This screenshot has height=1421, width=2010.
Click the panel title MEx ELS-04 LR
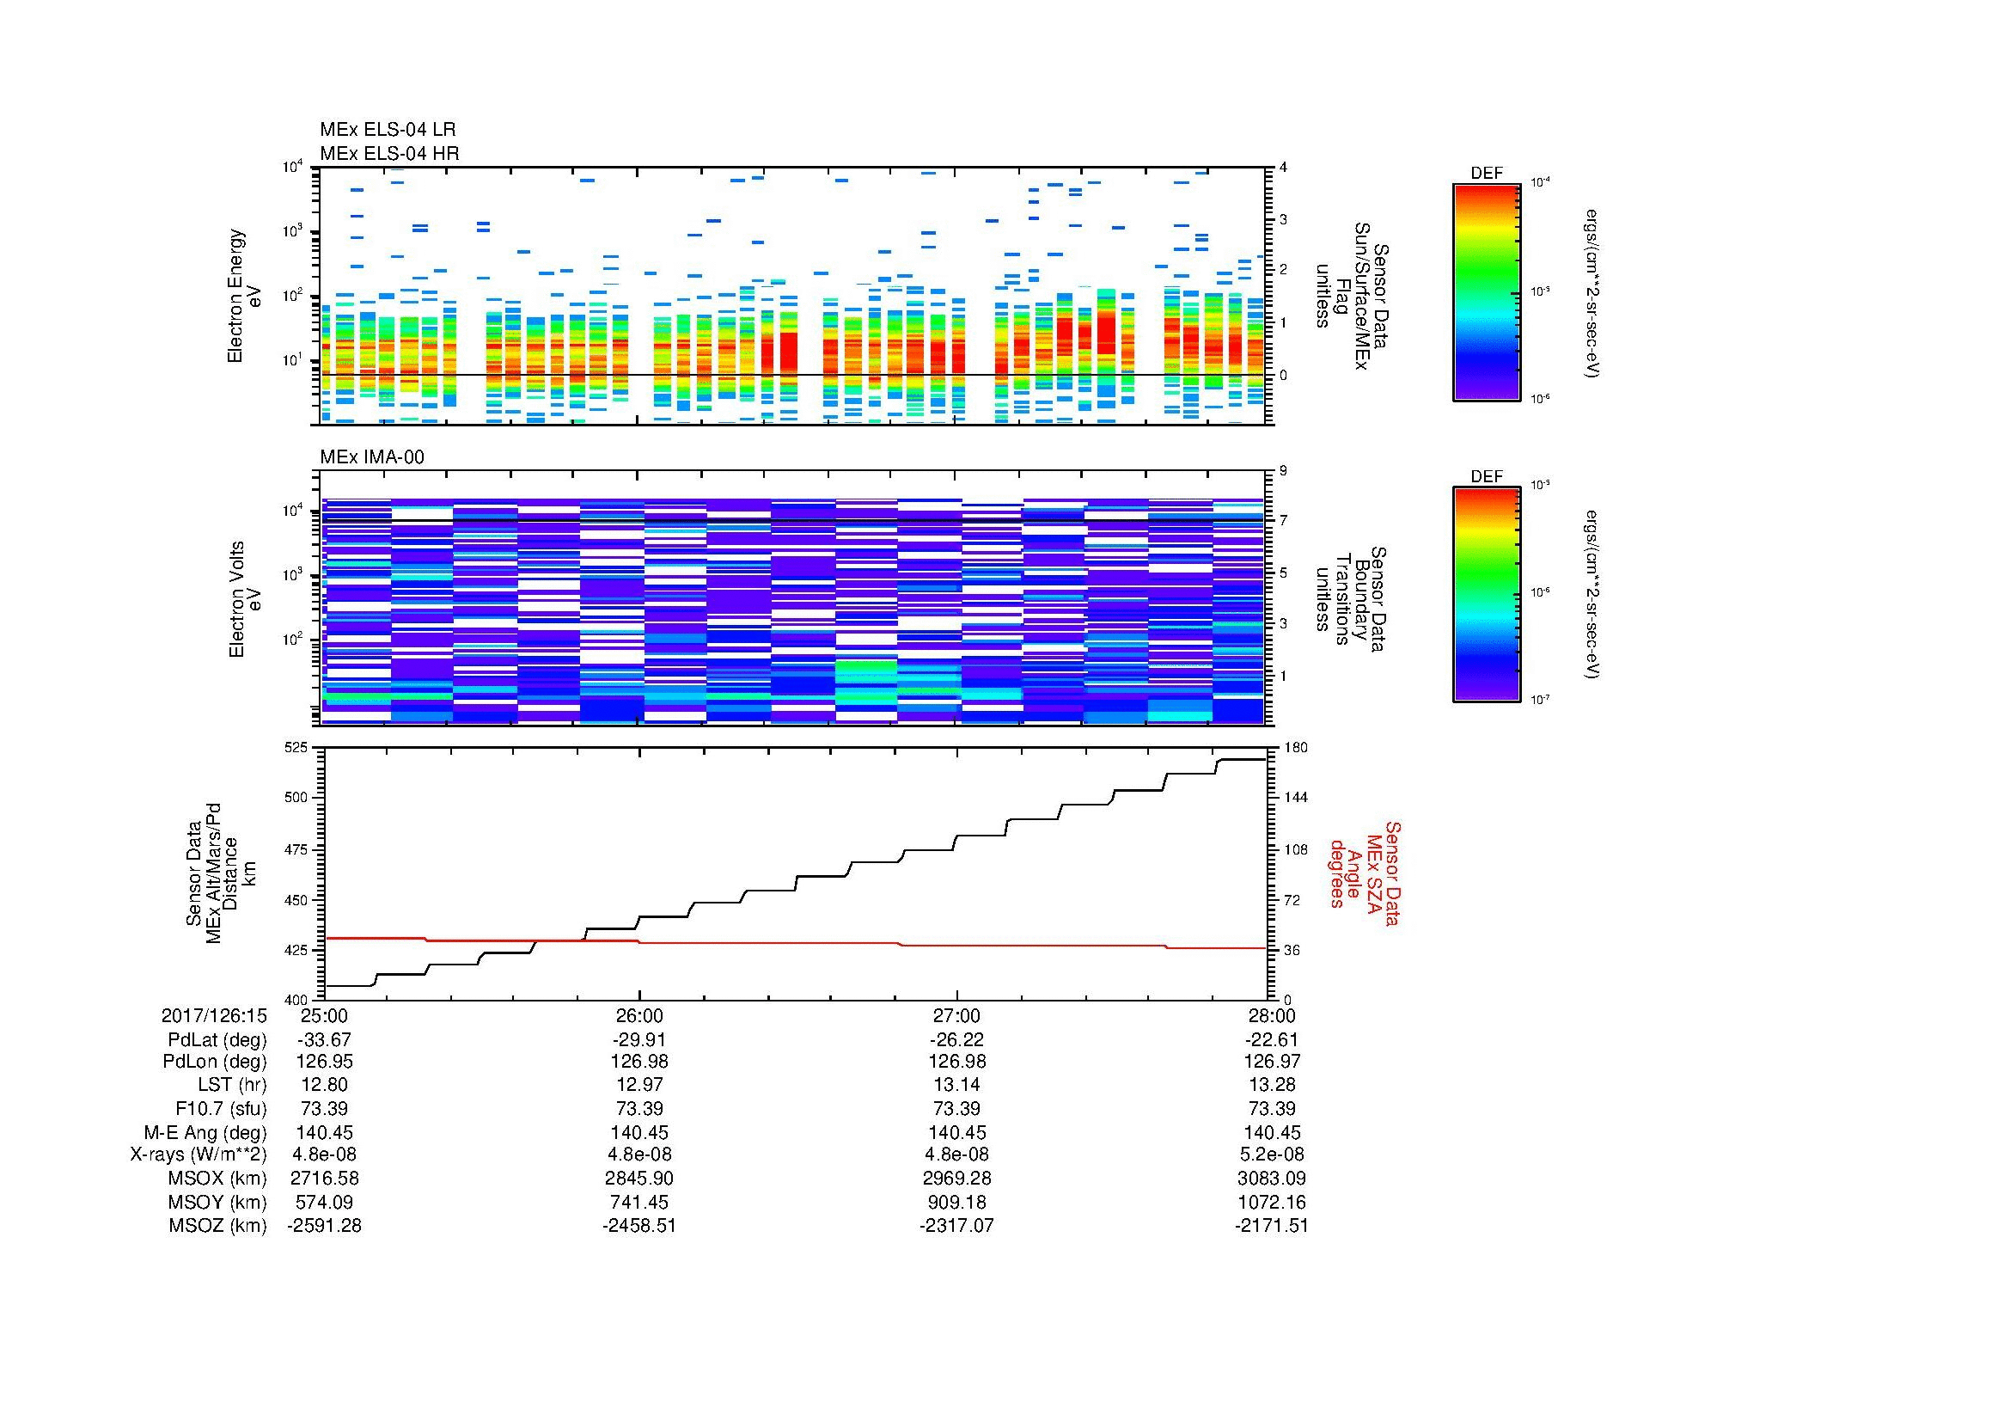pos(387,130)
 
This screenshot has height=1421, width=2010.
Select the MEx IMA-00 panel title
pos(371,457)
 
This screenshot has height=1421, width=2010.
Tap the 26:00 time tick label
pos(639,1015)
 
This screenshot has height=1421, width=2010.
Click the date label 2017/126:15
pos(214,1015)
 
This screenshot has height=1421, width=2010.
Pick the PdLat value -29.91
pos(639,1039)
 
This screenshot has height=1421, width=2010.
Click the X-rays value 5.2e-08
pos(1272,1155)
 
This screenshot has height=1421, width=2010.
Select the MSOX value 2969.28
pos(956,1179)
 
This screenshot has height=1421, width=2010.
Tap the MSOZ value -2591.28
pos(324,1226)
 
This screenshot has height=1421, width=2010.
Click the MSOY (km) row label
pos(217,1202)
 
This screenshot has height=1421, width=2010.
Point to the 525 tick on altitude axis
pos(296,748)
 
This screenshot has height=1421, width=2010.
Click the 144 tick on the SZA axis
pos(1294,798)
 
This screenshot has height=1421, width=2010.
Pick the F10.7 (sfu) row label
pos(221,1108)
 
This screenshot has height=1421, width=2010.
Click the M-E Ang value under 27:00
pos(956,1132)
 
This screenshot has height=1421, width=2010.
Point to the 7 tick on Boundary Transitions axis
pos(1283,521)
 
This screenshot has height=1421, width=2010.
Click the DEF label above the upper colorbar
pos(1486,174)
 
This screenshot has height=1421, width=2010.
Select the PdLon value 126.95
pos(324,1062)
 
